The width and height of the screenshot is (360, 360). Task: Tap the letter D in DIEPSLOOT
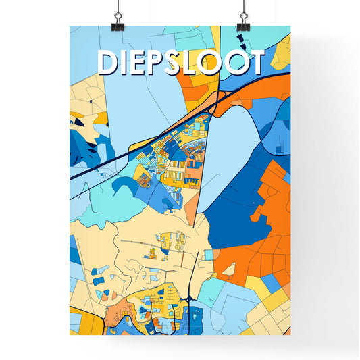[x=109, y=62]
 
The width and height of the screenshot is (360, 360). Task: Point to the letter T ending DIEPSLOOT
[x=253, y=62]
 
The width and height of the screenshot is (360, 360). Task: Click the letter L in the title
[x=199, y=62]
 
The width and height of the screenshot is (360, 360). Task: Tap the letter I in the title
[x=129, y=62]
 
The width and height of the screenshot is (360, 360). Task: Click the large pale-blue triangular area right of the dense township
[x=226, y=149]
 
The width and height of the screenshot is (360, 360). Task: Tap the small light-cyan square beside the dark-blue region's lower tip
[x=209, y=255]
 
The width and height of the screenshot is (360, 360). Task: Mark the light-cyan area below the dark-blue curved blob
[x=135, y=203]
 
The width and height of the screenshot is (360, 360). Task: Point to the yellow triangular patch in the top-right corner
[x=283, y=51]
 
